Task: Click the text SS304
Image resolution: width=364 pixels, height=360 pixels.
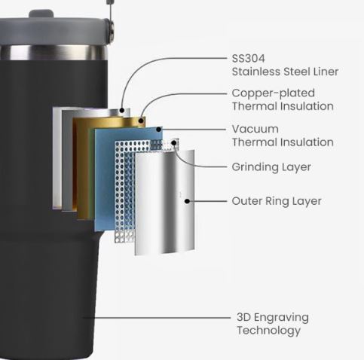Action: (248, 59)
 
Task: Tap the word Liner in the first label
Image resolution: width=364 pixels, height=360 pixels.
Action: (326, 72)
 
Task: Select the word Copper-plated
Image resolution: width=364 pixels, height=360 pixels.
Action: (274, 93)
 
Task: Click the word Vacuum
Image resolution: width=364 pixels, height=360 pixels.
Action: (255, 129)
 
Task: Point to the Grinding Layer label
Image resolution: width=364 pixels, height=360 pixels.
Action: (271, 167)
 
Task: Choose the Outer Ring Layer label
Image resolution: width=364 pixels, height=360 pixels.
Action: (277, 201)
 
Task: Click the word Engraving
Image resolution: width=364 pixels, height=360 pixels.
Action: (281, 318)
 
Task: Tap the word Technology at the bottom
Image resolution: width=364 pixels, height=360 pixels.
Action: (269, 331)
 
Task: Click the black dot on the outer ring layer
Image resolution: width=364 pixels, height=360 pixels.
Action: (187, 201)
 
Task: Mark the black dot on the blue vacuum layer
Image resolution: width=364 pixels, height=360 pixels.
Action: (159, 130)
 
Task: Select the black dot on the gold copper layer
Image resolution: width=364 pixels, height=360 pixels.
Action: (142, 121)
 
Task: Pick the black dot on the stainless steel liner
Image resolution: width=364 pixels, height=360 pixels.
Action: (122, 110)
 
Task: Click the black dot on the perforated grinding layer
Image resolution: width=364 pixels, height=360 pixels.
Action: (174, 143)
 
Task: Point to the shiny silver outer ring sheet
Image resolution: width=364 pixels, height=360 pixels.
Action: (164, 202)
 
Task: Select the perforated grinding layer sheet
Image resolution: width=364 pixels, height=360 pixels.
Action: (124, 191)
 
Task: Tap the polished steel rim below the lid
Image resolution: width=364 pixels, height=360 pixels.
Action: (54, 53)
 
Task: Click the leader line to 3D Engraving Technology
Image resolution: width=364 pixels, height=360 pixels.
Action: (157, 318)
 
